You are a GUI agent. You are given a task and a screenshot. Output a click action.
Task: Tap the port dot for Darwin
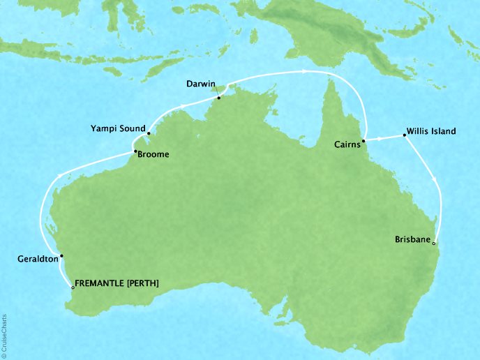tap(218, 98)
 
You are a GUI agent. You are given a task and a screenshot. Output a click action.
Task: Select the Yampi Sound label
tap(117, 128)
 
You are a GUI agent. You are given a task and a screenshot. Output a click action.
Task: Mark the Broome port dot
tap(135, 151)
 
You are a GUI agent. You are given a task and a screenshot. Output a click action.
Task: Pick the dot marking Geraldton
tap(61, 256)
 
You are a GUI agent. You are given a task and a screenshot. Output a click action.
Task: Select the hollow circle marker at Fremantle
tap(73, 287)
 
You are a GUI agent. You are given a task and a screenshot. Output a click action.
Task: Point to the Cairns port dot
tap(364, 140)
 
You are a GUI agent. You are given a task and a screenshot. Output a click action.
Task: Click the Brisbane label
tap(412, 239)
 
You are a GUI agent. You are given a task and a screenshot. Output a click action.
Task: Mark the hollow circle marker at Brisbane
tap(434, 243)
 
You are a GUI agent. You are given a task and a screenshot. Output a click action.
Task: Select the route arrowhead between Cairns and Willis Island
tap(381, 139)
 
